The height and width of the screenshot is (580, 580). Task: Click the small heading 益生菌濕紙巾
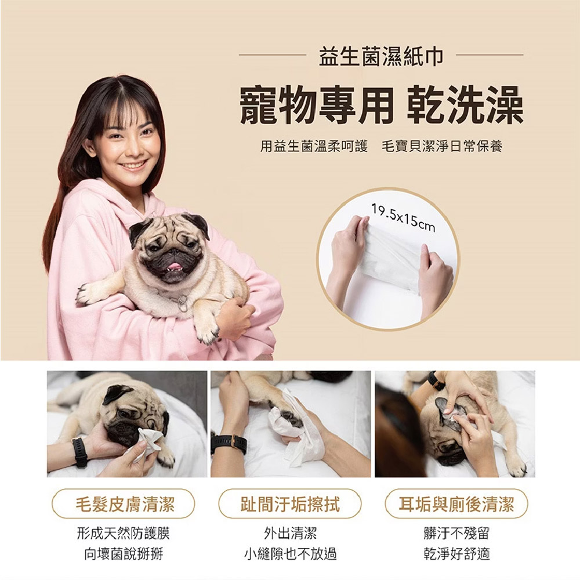[381, 56]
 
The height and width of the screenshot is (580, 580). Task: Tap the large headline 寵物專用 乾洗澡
[381, 104]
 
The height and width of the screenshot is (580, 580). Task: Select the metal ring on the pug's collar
[183, 303]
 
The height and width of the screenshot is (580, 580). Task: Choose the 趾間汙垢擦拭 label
[290, 504]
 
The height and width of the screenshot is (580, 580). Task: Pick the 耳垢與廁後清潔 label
[456, 504]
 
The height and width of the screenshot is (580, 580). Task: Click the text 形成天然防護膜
[123, 533]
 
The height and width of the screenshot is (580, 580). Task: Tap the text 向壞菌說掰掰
[123, 554]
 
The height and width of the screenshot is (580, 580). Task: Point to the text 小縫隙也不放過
[290, 554]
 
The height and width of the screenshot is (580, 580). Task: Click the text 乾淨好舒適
[456, 554]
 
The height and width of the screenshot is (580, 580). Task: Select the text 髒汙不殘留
[456, 533]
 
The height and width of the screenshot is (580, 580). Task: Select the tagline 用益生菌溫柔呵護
[314, 147]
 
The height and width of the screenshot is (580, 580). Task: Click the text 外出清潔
[290, 533]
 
